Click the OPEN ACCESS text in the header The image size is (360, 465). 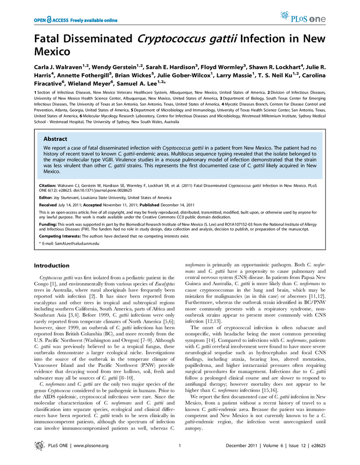point(50,20)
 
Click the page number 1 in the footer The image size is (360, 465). point(180,446)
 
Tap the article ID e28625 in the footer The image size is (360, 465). point(313,446)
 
